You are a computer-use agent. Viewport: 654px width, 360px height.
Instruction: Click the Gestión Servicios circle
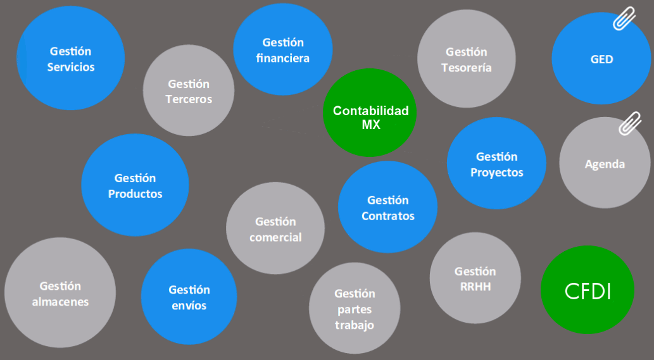[x=70, y=59]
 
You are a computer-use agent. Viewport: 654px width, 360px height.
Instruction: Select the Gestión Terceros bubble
[x=189, y=91]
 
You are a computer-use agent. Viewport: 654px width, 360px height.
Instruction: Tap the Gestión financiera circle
[x=282, y=51]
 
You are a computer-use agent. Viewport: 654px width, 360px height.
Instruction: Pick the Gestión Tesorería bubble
[x=466, y=59]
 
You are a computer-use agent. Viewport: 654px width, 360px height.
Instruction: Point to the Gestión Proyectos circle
[x=496, y=164]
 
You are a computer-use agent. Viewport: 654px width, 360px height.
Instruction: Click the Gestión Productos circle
[x=135, y=185]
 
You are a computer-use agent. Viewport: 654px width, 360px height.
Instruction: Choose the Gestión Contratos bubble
[x=387, y=208]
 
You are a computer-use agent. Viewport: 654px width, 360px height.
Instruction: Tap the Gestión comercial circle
[x=275, y=229]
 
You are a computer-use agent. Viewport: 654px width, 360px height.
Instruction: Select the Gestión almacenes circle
[x=60, y=294]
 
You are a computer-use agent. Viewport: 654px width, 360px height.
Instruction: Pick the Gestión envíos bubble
[x=189, y=297]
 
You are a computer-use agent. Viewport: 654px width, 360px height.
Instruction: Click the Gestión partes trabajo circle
[x=355, y=309]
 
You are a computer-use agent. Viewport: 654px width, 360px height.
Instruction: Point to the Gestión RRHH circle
[x=475, y=278]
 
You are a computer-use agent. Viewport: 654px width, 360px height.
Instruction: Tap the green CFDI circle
[x=588, y=290]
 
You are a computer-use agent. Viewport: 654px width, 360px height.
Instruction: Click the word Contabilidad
[x=370, y=111]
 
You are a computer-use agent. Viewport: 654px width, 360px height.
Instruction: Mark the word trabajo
[x=355, y=325]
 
